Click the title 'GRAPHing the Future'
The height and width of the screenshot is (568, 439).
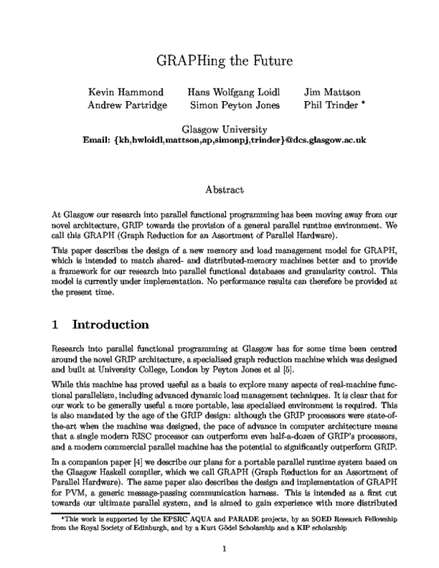(x=219, y=60)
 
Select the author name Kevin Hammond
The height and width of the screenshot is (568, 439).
(x=127, y=92)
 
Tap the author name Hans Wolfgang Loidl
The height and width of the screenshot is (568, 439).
(x=232, y=92)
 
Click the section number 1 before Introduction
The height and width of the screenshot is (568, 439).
(x=56, y=323)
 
